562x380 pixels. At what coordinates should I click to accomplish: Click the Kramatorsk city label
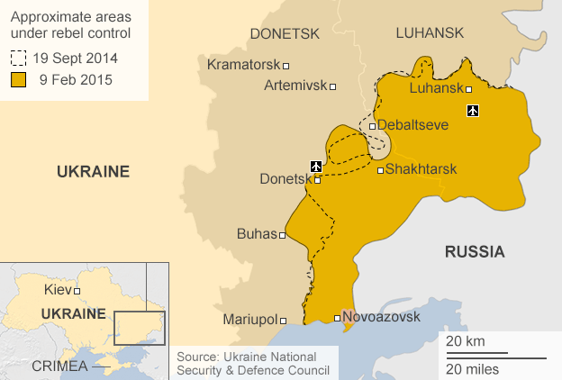point(243,65)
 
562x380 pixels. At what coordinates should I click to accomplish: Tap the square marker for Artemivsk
point(333,86)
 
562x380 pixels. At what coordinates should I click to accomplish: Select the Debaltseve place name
point(412,125)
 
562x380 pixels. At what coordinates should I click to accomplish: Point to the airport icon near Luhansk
point(473,111)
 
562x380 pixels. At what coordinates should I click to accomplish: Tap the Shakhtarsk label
point(421,169)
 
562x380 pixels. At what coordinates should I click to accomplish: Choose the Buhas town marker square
point(283,235)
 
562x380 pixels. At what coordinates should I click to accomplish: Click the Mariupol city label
point(249,319)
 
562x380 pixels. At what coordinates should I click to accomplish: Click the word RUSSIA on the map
point(475,251)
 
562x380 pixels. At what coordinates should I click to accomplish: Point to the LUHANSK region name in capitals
point(430,33)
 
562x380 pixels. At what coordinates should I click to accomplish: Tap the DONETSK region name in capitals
point(285,34)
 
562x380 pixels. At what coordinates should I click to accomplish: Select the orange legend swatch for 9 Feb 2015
point(17,79)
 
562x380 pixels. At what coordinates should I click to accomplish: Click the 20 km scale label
point(464,341)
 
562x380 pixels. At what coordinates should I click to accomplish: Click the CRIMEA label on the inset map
point(59,366)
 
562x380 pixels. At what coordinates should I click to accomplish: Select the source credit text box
point(253,363)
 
